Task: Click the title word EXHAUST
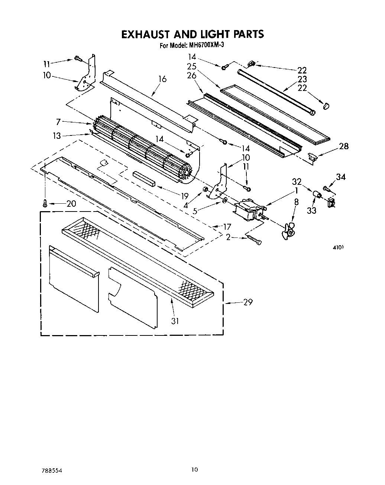click(146, 34)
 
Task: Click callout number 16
click(162, 79)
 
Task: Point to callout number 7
click(58, 121)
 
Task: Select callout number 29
click(248, 302)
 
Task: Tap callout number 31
click(175, 321)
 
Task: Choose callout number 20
click(71, 203)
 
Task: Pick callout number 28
click(344, 146)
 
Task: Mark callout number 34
click(340, 177)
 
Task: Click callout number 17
click(226, 226)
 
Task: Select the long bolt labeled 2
click(254, 239)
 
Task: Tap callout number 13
click(57, 136)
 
